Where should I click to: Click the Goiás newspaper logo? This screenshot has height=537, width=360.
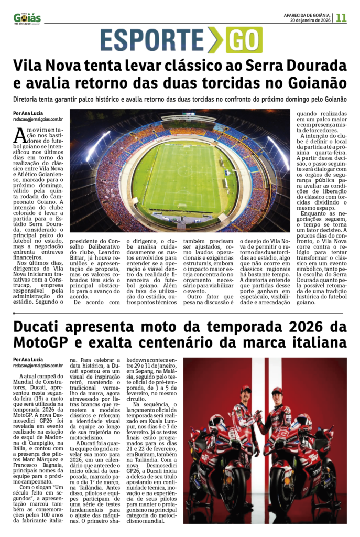[27, 18]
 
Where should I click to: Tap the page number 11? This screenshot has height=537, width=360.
[341, 17]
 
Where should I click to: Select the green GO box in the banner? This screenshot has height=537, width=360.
[244, 40]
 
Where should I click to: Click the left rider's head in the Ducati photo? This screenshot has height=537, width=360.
[245, 391]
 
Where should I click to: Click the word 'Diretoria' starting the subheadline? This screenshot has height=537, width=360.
[28, 99]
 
